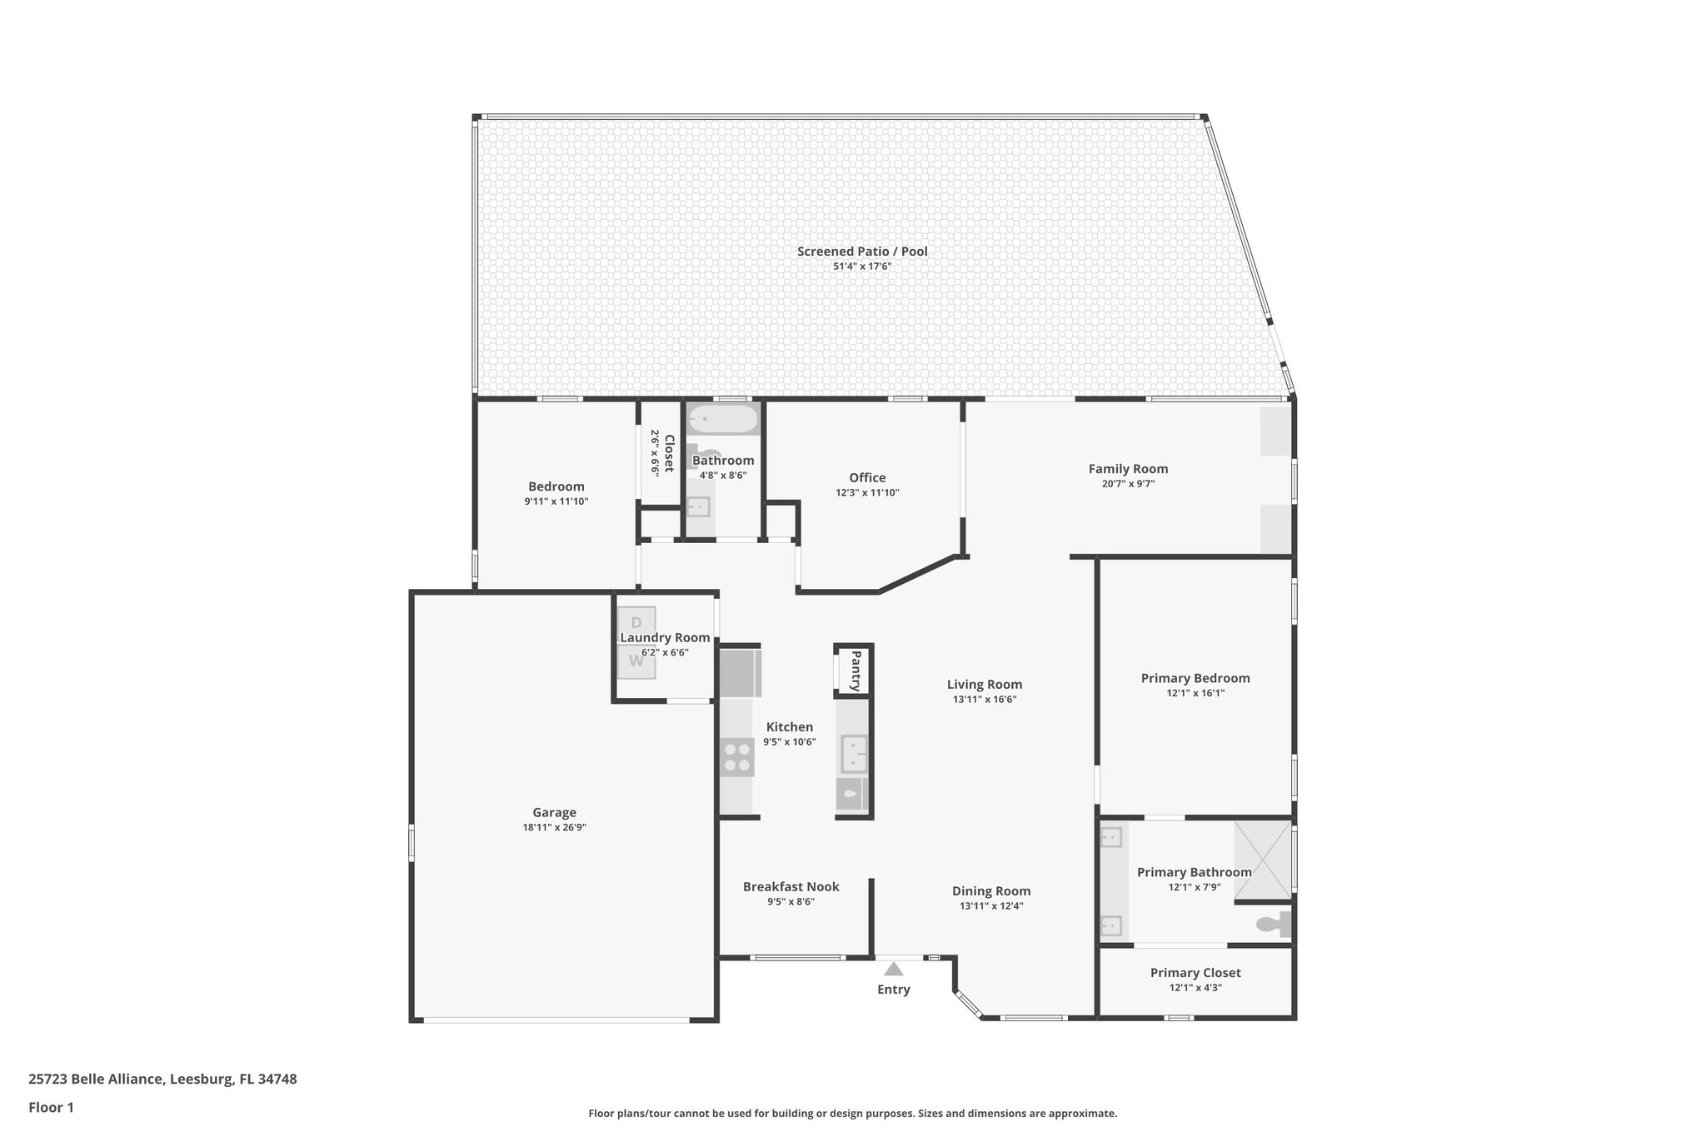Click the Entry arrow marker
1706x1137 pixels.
(893, 969)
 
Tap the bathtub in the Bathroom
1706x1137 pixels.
(723, 419)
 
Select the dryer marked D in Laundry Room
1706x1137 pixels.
(636, 622)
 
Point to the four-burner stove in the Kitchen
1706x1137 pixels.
(736, 757)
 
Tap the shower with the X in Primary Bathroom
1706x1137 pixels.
(1262, 861)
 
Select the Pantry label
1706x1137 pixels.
(855, 671)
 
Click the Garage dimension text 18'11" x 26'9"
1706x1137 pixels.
(554, 827)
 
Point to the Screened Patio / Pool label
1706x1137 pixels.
(862, 252)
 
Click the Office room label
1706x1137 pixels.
(867, 477)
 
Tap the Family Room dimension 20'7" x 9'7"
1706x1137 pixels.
(1128, 484)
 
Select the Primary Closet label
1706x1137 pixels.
(1195, 973)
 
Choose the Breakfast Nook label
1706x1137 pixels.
(791, 887)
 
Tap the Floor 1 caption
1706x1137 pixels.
(51, 1107)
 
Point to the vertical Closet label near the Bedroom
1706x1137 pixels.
(668, 453)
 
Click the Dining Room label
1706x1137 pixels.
(991, 891)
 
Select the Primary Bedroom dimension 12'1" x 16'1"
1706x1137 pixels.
(1195, 693)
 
